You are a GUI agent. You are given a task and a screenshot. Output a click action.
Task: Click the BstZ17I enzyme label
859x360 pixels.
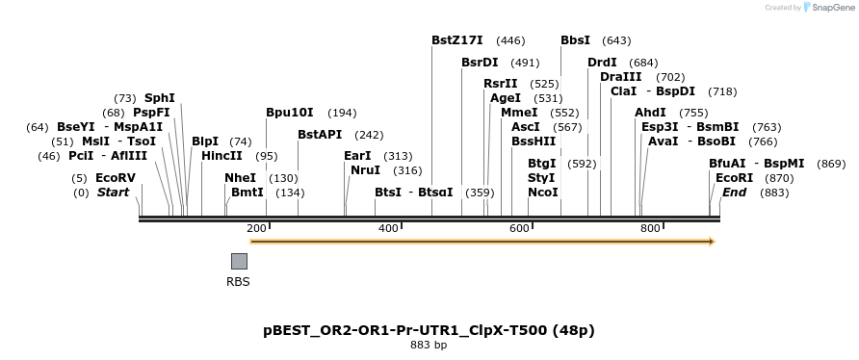point(458,40)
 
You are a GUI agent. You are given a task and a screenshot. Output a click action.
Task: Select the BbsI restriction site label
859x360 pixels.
point(575,40)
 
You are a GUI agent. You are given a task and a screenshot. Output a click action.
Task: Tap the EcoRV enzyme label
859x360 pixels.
point(116,178)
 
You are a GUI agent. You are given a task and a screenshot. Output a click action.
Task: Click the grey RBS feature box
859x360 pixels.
point(239,261)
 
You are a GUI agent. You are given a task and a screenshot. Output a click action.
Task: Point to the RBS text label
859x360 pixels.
point(238,282)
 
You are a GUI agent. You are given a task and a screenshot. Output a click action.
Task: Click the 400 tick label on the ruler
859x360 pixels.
point(388,228)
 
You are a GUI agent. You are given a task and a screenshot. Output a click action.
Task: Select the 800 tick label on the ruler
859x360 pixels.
point(650,228)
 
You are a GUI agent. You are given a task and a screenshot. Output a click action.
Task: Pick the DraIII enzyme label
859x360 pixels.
point(620,77)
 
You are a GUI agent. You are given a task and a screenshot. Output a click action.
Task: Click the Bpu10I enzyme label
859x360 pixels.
point(290,113)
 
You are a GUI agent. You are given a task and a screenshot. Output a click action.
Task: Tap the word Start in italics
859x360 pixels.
point(113,193)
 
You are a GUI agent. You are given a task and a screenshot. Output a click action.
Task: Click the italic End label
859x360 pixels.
point(734,193)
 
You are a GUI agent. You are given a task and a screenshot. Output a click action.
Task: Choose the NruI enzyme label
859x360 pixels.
point(366,170)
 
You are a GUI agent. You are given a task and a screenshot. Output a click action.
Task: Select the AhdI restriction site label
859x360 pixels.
point(650,113)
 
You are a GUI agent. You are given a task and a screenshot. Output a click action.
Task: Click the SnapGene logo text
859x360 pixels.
point(831,8)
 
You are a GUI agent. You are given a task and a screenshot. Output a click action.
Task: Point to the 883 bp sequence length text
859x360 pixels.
point(429,345)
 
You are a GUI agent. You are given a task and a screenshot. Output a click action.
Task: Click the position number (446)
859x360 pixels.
point(510,40)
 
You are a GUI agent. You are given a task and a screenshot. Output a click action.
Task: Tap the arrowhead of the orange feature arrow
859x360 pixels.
point(712,242)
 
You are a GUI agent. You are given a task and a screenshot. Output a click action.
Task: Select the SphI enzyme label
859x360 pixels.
point(160,98)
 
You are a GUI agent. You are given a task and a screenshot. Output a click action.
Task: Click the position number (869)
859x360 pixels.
point(831,164)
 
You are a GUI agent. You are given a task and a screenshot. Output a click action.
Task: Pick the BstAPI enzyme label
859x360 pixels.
point(320,135)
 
